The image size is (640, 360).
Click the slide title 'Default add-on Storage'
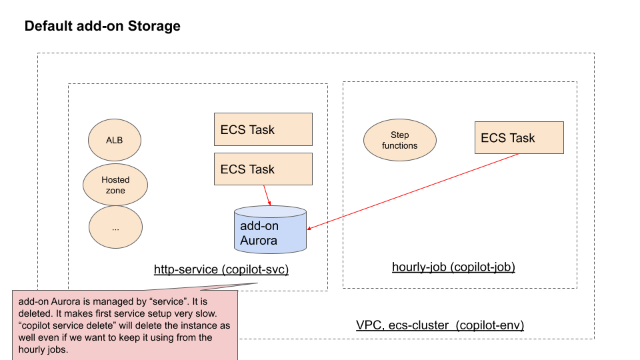point(102,27)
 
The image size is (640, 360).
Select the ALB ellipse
point(114,141)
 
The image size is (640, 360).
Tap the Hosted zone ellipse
point(115,185)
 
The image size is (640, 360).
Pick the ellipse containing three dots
point(115,228)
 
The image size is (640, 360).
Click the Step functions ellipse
point(399,141)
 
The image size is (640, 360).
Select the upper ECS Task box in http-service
point(263,129)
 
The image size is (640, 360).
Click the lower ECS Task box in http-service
point(263,169)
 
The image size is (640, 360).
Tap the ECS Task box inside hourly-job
point(519,138)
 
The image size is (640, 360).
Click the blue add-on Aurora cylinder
point(270,230)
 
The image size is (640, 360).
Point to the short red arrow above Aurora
point(267,195)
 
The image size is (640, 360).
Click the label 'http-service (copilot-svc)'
point(221,270)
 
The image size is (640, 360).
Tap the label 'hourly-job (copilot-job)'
point(453,267)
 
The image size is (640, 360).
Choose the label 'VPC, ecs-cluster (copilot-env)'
point(440,325)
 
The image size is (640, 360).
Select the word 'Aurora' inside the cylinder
point(258,240)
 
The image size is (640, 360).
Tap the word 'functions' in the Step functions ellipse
point(399,146)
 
